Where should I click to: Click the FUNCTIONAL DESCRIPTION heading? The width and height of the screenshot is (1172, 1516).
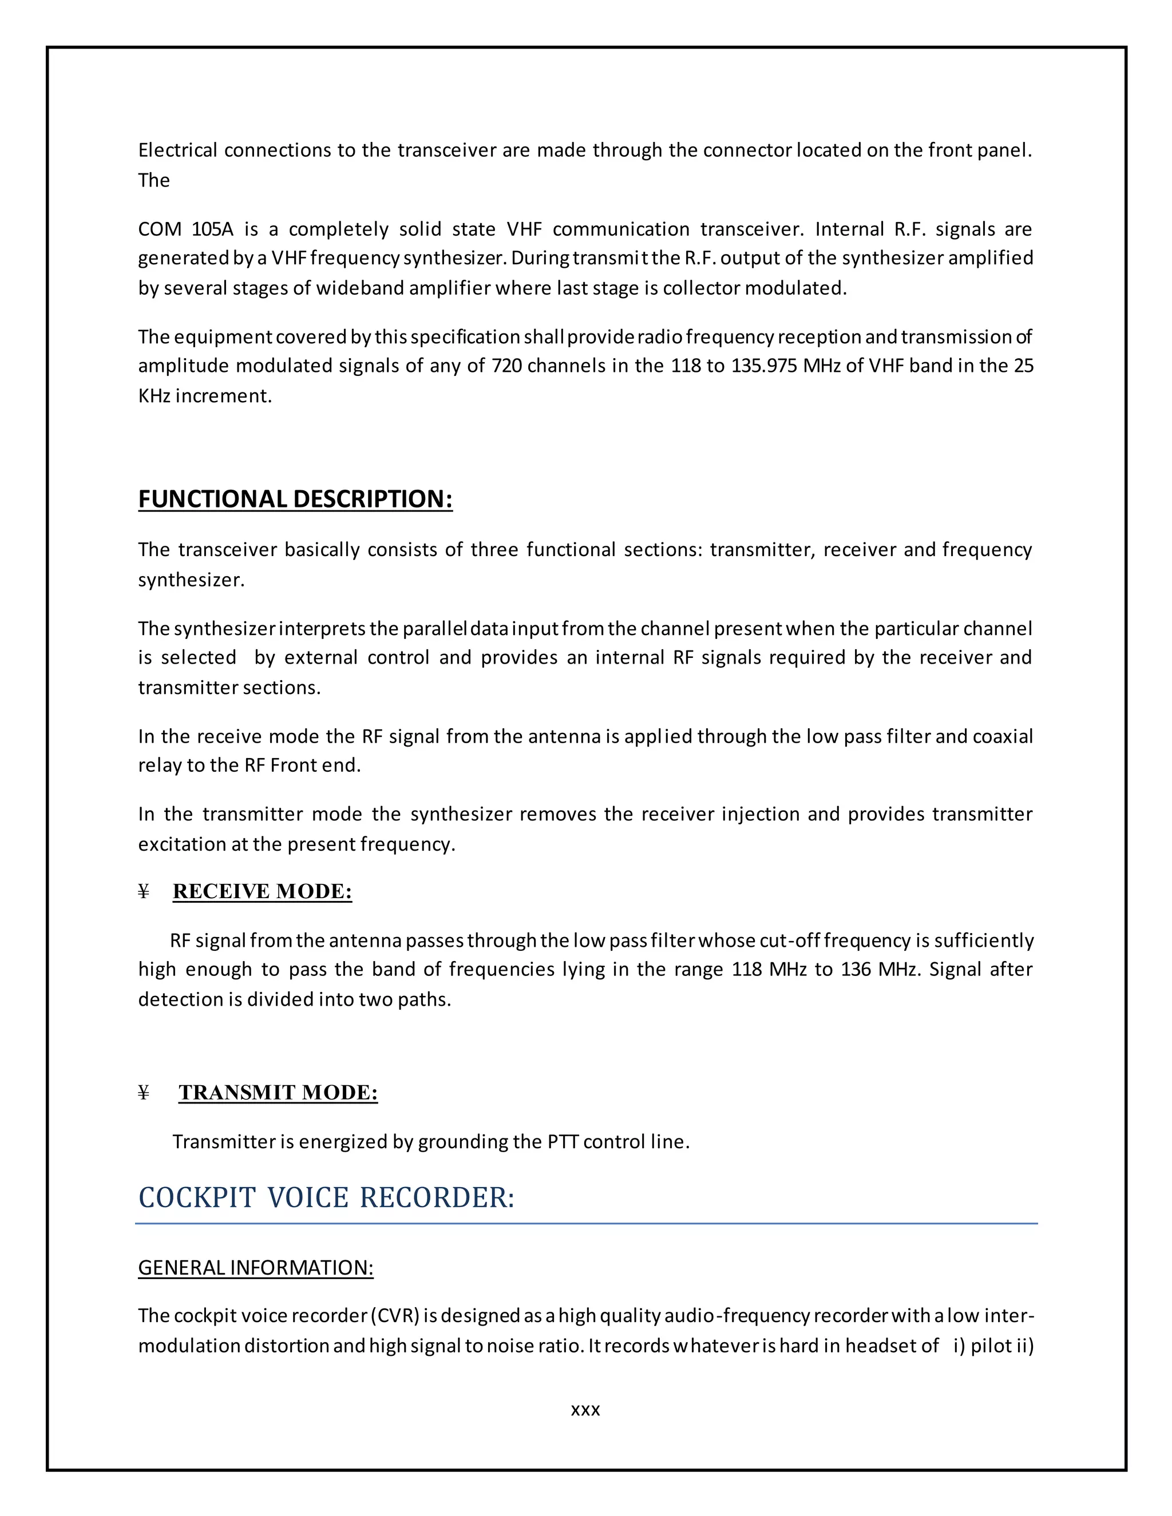coord(295,499)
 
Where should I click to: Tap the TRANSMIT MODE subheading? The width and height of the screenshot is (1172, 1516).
coord(278,1093)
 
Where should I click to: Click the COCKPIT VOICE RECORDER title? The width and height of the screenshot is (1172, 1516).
coord(326,1198)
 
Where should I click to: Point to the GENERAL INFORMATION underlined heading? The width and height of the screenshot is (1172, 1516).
coord(255,1268)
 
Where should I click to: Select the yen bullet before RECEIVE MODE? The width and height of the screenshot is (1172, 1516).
coord(144,892)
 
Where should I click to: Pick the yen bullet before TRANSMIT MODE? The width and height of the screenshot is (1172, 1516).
coord(144,1093)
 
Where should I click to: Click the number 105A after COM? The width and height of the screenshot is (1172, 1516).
coord(212,229)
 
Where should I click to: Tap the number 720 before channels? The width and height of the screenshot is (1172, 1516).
coord(507,366)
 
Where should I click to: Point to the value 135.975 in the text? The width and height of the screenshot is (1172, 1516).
coord(764,366)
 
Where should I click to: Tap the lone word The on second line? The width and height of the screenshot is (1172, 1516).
coord(153,180)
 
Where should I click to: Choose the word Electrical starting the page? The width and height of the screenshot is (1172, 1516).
coord(178,150)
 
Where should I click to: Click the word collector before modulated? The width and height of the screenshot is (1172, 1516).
coord(701,288)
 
